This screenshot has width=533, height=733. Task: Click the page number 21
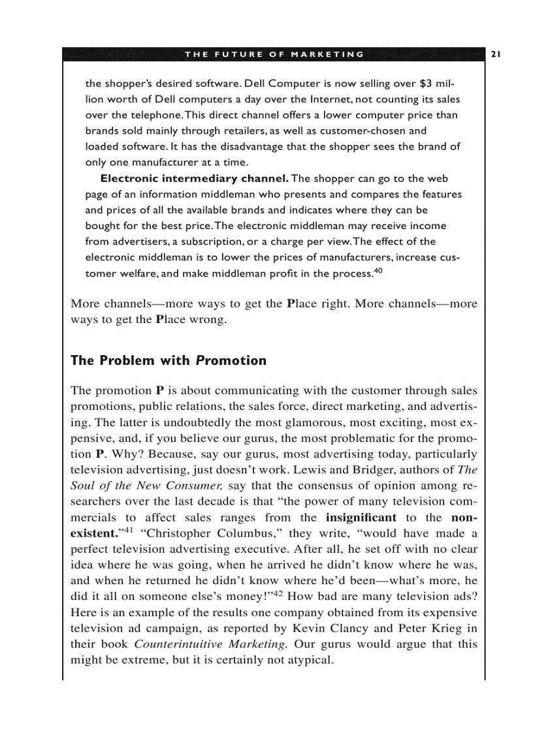tap(495, 54)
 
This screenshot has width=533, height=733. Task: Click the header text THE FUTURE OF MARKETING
tap(274, 54)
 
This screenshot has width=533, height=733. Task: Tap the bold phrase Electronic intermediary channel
tap(194, 178)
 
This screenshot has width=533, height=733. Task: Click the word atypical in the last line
tap(309, 660)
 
